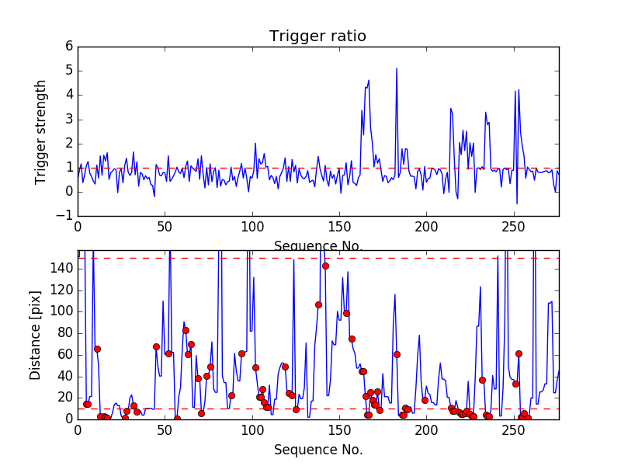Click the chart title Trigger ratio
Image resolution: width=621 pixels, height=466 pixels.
(x=317, y=37)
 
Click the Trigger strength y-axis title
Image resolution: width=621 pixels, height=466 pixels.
(x=42, y=131)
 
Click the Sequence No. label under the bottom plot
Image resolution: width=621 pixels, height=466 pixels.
(x=318, y=450)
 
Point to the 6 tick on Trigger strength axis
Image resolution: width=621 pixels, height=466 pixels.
(x=68, y=47)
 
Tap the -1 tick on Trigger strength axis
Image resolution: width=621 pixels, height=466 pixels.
(x=65, y=216)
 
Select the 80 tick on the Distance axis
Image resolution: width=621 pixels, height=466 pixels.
(x=64, y=332)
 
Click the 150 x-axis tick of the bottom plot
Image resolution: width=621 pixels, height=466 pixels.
(x=339, y=429)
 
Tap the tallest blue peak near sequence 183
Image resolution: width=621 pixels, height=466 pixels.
(x=397, y=68)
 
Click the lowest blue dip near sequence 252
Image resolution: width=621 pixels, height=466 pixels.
(x=517, y=203)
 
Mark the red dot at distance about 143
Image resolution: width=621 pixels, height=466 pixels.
(x=325, y=266)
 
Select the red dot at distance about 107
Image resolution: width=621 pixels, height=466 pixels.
(x=318, y=304)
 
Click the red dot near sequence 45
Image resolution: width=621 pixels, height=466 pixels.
(x=156, y=346)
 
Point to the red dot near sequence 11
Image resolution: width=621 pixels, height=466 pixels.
(x=97, y=349)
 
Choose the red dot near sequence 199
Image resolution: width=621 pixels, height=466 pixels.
(x=425, y=400)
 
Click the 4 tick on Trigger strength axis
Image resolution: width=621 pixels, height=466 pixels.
(x=68, y=95)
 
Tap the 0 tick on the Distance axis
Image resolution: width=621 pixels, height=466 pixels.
(x=68, y=419)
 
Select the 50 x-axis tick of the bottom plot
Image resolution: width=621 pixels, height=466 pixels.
(x=165, y=429)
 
